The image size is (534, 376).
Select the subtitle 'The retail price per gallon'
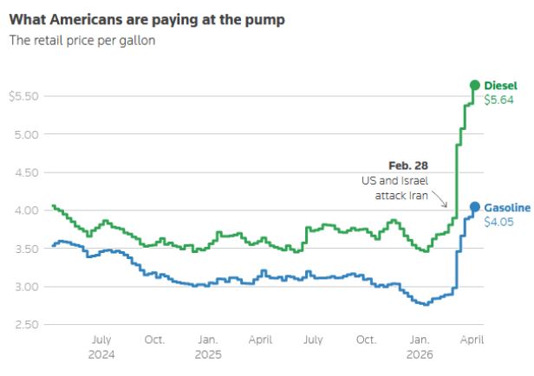(81, 41)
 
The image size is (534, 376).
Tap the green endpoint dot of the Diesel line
(474, 85)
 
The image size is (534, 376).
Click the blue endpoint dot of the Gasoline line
(474, 207)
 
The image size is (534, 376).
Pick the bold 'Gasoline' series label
(507, 208)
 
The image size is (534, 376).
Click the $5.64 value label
(498, 100)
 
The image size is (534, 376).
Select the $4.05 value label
(498, 223)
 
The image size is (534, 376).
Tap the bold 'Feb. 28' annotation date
(408, 165)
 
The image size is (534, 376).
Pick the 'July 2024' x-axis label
(101, 347)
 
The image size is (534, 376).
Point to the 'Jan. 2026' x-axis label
(419, 347)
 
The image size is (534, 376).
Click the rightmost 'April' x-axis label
(471, 340)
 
